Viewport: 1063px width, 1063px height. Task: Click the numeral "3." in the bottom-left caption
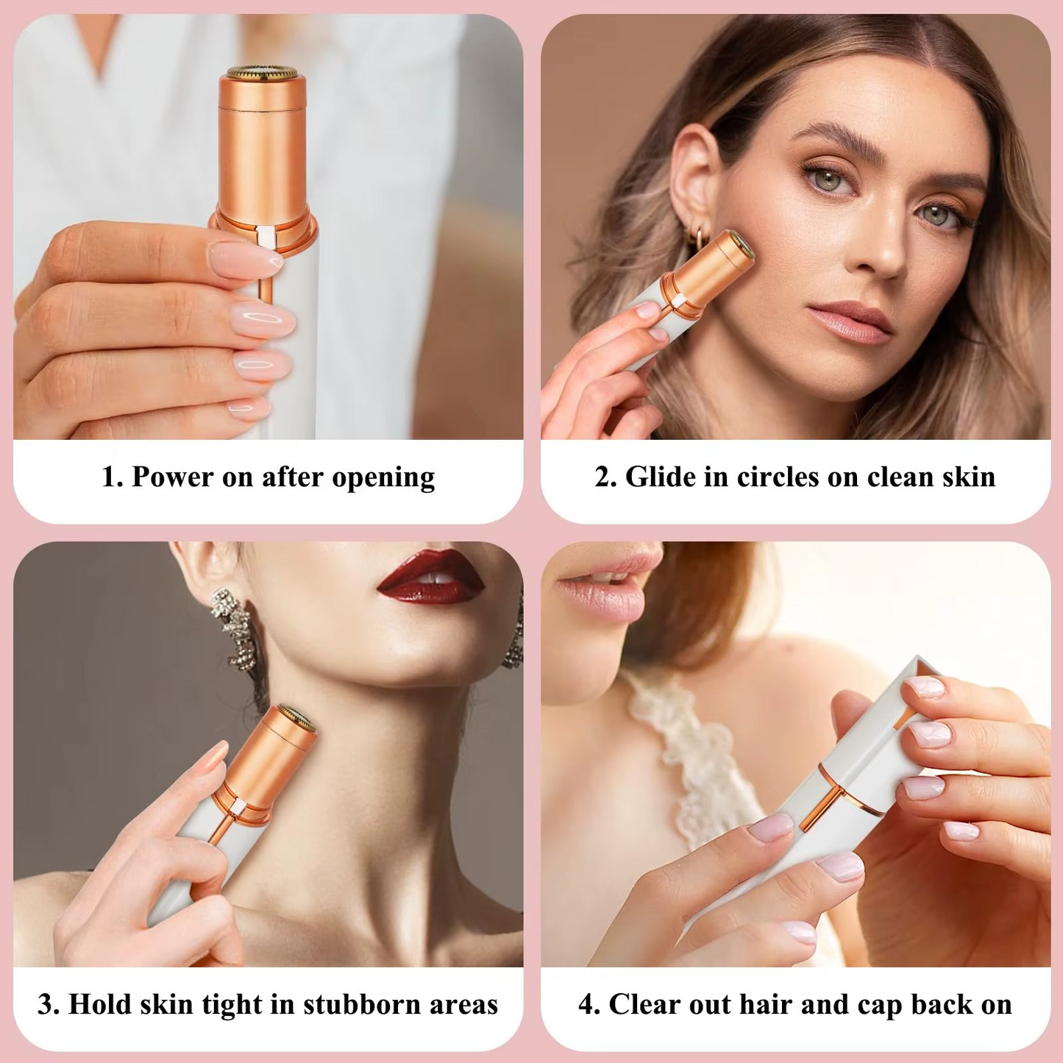[49, 1004]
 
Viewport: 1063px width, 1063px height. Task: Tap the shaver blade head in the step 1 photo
[262, 74]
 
